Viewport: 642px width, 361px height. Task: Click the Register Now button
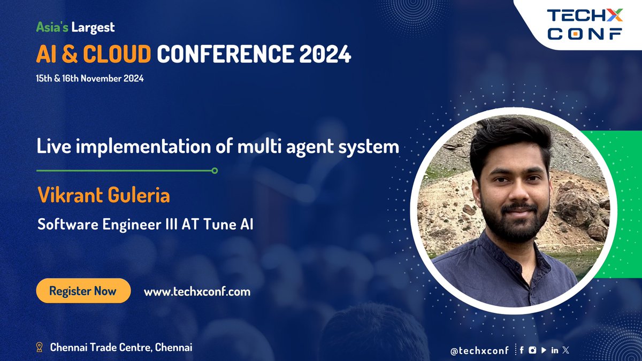coord(83,291)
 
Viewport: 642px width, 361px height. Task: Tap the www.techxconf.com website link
coord(197,291)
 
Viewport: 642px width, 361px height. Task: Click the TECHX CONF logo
coord(584,25)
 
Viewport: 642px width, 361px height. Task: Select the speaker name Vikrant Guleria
coord(104,195)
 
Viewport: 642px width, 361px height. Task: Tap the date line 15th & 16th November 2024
coord(90,78)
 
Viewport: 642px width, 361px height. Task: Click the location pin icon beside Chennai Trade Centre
coord(39,348)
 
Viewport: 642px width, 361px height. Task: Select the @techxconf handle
coord(480,350)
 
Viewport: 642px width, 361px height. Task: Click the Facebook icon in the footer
coord(522,350)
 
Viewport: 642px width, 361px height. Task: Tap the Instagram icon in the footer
coord(532,350)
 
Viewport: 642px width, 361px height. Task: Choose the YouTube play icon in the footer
coord(544,350)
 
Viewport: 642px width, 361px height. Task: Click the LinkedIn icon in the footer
coord(555,350)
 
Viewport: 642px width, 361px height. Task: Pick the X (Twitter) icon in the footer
coord(567,350)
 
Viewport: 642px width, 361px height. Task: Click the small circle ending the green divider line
coord(215,171)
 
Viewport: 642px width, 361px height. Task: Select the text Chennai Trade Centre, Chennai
coord(121,348)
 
